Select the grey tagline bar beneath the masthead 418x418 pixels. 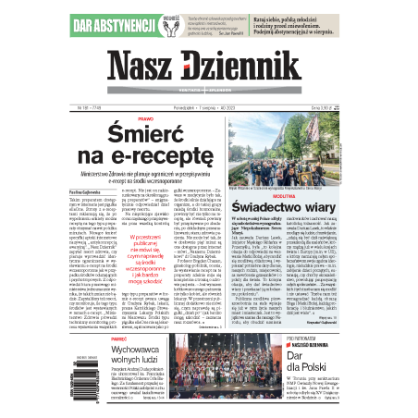coord(209,94)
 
